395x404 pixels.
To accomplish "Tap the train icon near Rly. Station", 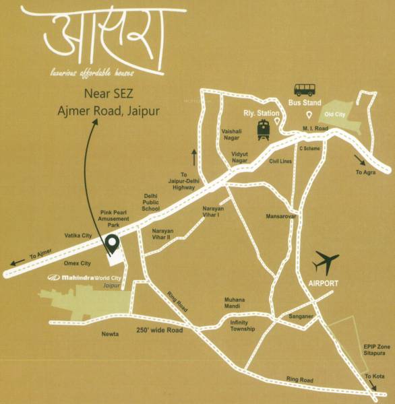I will (x=263, y=129).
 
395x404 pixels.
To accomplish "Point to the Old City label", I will (x=335, y=114).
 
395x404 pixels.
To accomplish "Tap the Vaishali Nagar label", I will (x=231, y=135).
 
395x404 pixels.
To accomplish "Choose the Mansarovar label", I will (x=281, y=217).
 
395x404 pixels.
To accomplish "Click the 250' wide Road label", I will (x=159, y=331).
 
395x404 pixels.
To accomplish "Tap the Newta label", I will (x=111, y=333).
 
